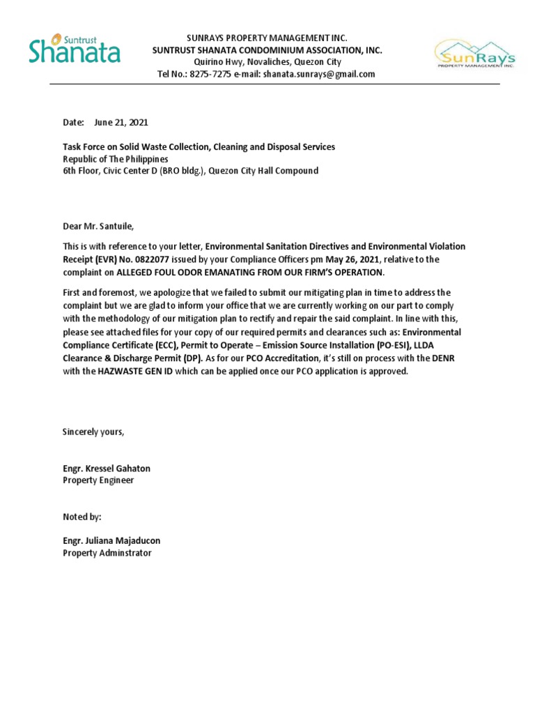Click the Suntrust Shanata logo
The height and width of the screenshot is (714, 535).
tap(75, 50)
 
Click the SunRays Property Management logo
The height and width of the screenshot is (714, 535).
tap(475, 54)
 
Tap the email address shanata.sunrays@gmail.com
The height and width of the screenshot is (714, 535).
tap(318, 74)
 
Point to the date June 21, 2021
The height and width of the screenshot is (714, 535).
tap(121, 122)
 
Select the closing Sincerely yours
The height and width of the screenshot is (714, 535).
tap(93, 432)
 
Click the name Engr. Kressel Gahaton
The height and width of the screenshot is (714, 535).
tap(107, 469)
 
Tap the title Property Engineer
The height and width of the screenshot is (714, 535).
tap(98, 480)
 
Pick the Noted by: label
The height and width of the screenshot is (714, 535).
tap(82, 517)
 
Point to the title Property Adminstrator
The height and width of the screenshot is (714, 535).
tap(107, 553)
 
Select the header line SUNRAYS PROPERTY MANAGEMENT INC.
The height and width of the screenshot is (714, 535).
tap(267, 37)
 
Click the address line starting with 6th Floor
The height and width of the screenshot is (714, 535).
tap(190, 171)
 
